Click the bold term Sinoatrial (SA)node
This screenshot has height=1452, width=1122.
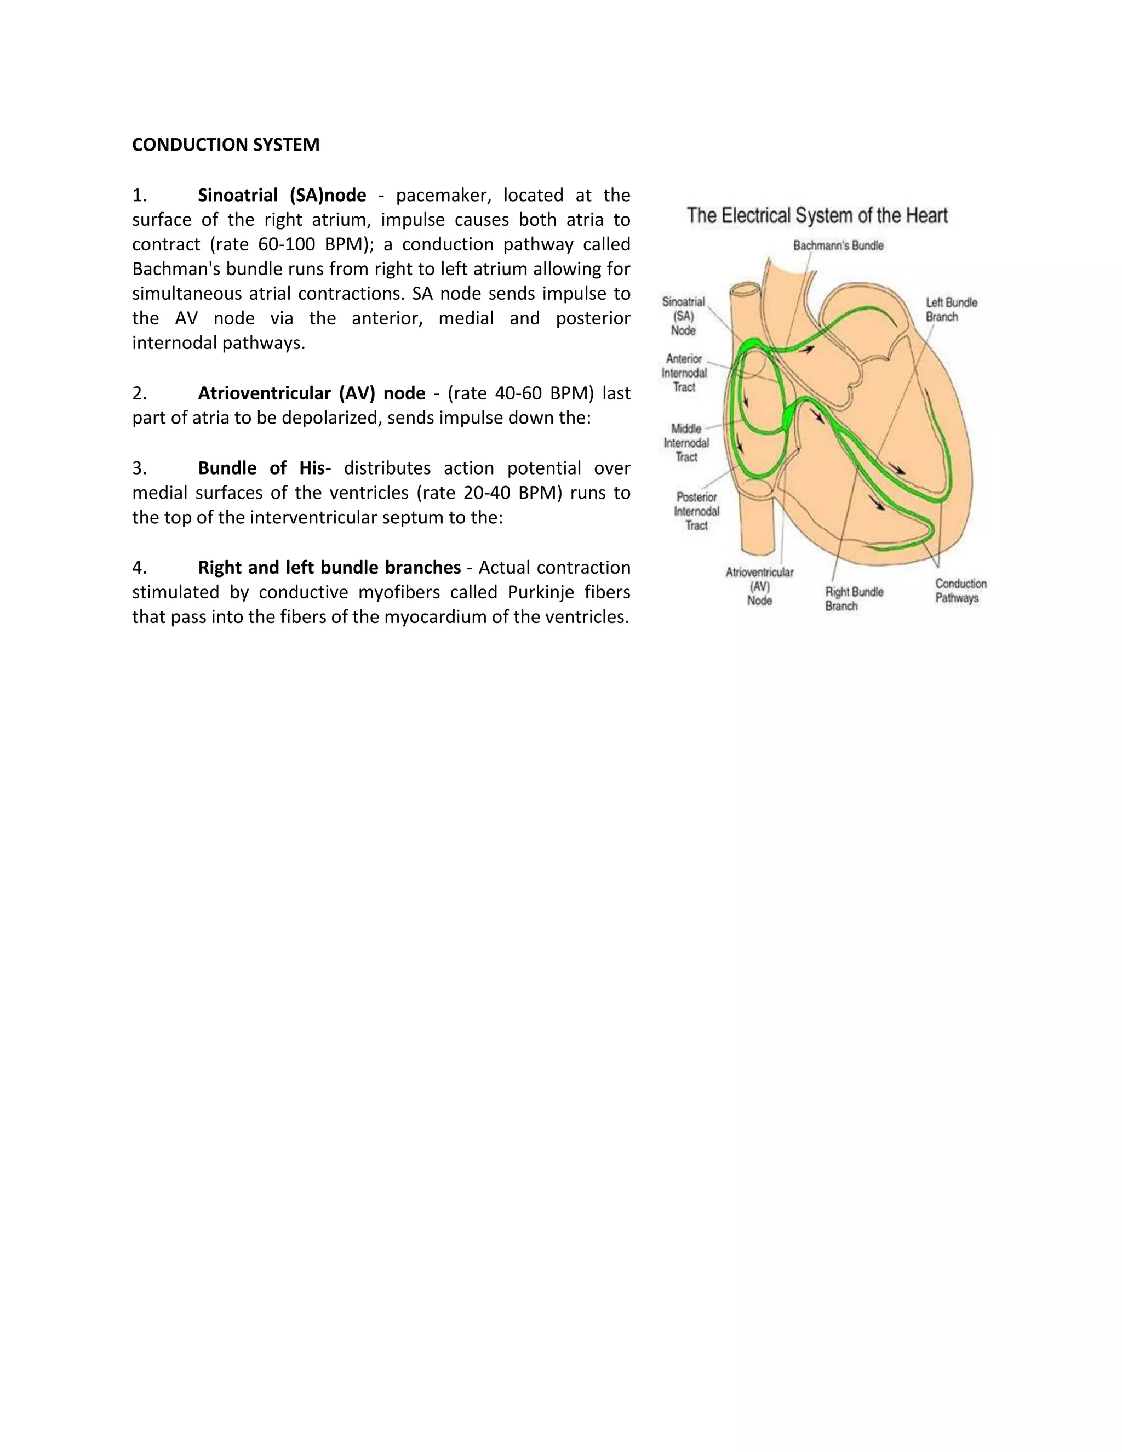tap(282, 196)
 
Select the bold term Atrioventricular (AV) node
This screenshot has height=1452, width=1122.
tap(311, 393)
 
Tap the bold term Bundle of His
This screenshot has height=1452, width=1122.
tap(261, 468)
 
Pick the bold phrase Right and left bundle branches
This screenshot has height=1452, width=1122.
tap(329, 568)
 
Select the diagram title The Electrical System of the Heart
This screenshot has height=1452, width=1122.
tap(817, 215)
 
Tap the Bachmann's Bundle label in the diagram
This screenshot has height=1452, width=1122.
tap(838, 246)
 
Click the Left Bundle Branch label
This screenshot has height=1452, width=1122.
tap(951, 310)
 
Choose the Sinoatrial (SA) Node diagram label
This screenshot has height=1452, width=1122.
tap(683, 317)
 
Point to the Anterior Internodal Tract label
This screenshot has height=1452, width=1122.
tap(684, 373)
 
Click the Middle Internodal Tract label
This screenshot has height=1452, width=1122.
tap(686, 443)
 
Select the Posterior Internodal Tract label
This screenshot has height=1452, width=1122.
tap(696, 511)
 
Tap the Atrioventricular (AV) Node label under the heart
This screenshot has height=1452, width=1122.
tap(759, 586)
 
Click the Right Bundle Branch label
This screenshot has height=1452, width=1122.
tap(854, 598)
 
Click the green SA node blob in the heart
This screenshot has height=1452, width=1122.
tap(752, 343)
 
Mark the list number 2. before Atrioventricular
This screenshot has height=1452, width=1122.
tap(139, 393)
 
